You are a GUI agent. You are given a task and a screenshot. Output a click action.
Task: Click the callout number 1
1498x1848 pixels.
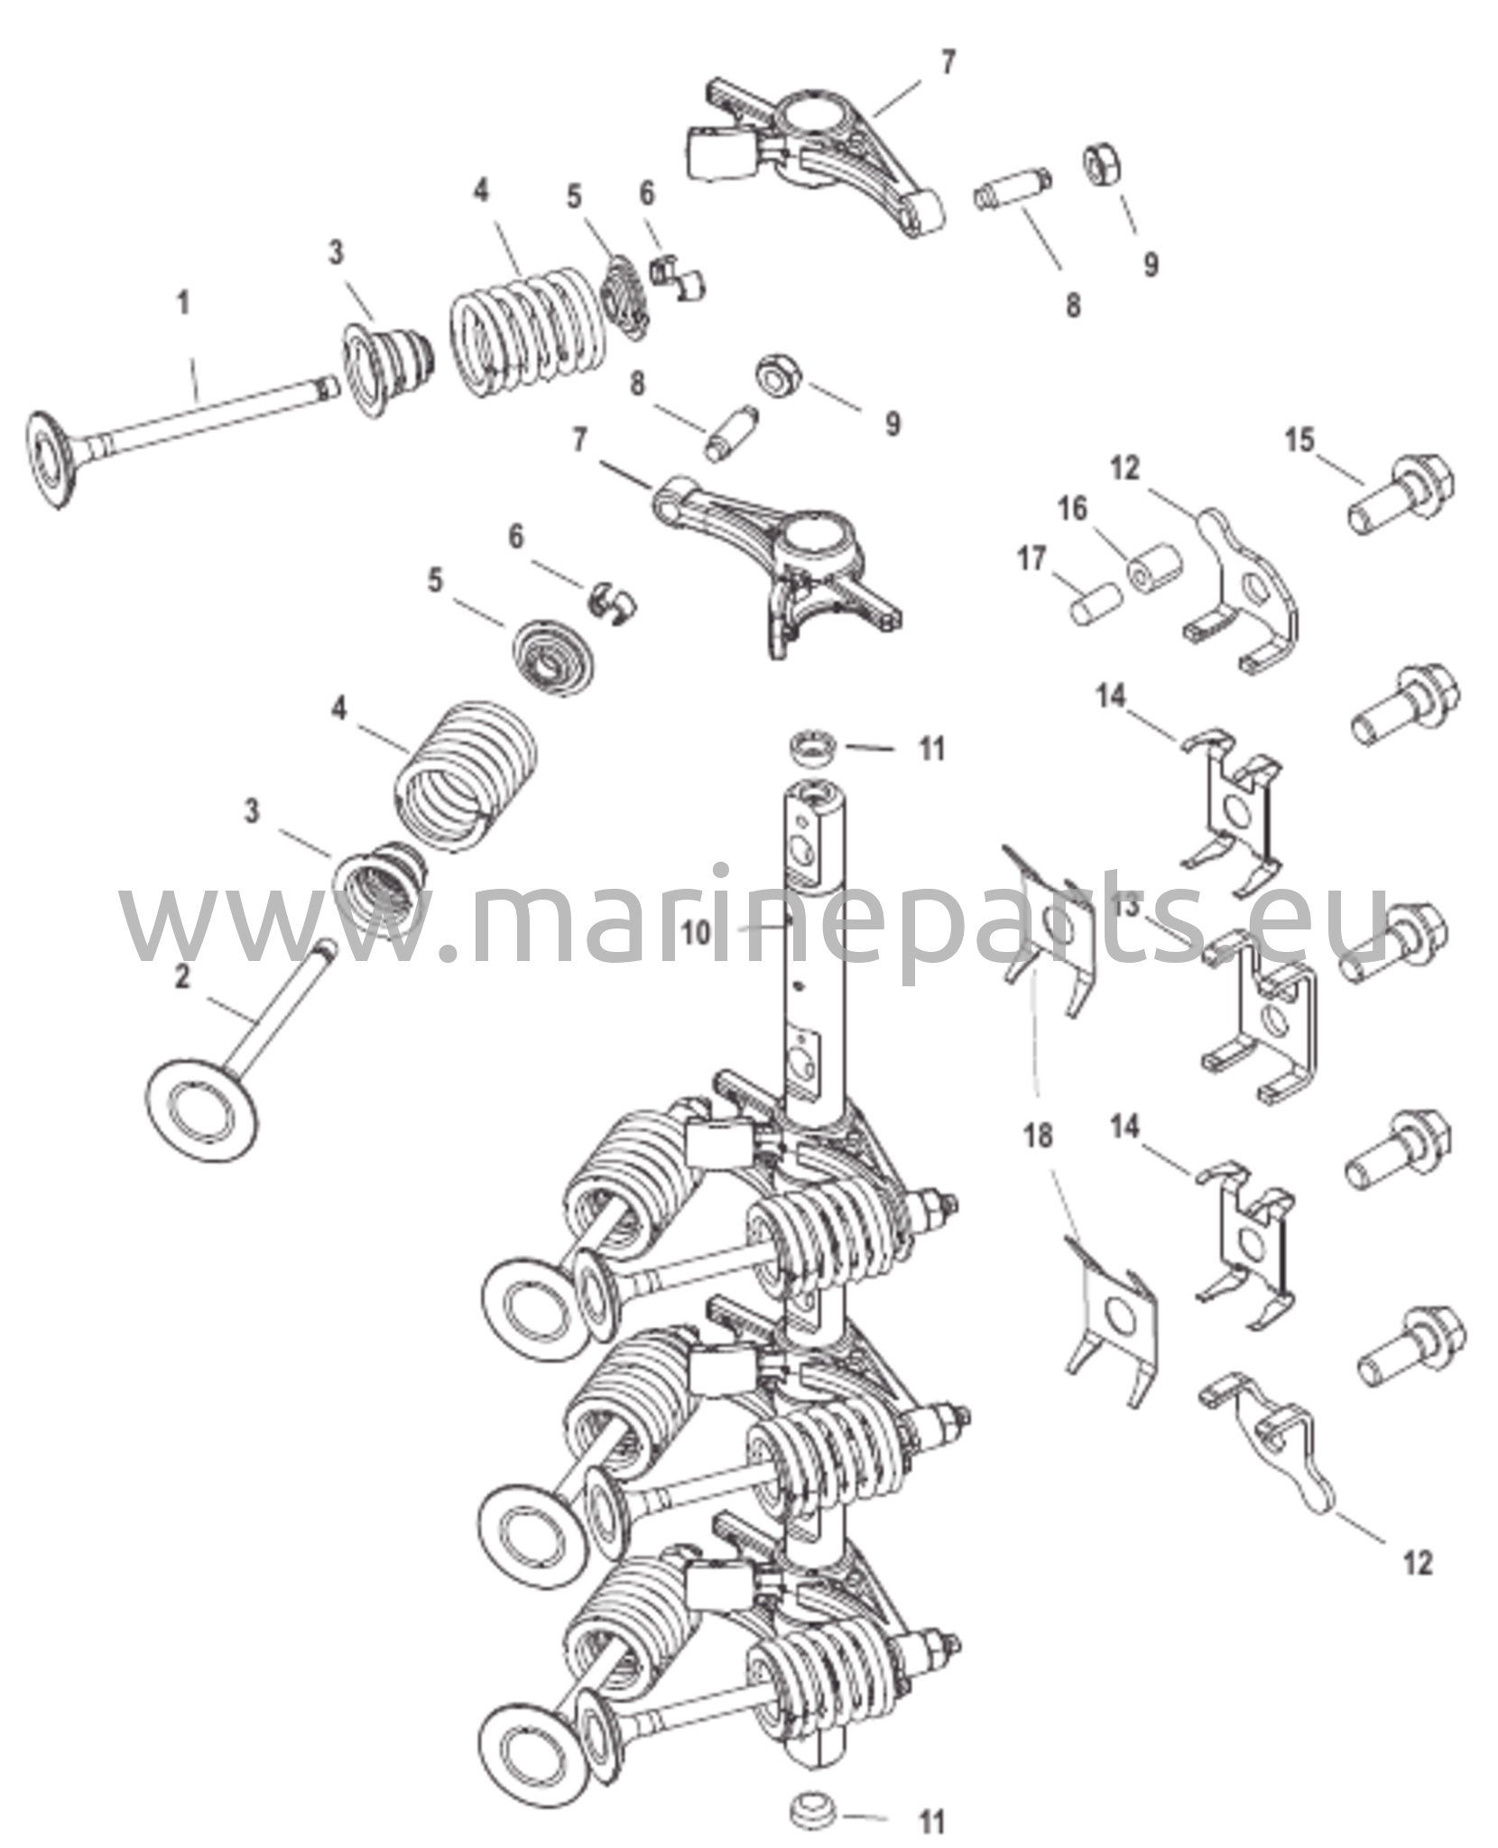[x=183, y=304]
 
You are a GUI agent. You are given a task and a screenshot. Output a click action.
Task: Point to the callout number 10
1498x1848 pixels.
[x=696, y=933]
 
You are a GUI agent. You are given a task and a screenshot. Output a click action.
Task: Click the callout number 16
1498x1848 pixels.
[x=1073, y=509]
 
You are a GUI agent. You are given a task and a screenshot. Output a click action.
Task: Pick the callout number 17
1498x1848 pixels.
[x=1031, y=559]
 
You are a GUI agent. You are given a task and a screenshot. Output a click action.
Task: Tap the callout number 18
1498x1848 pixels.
[x=1039, y=1135]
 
